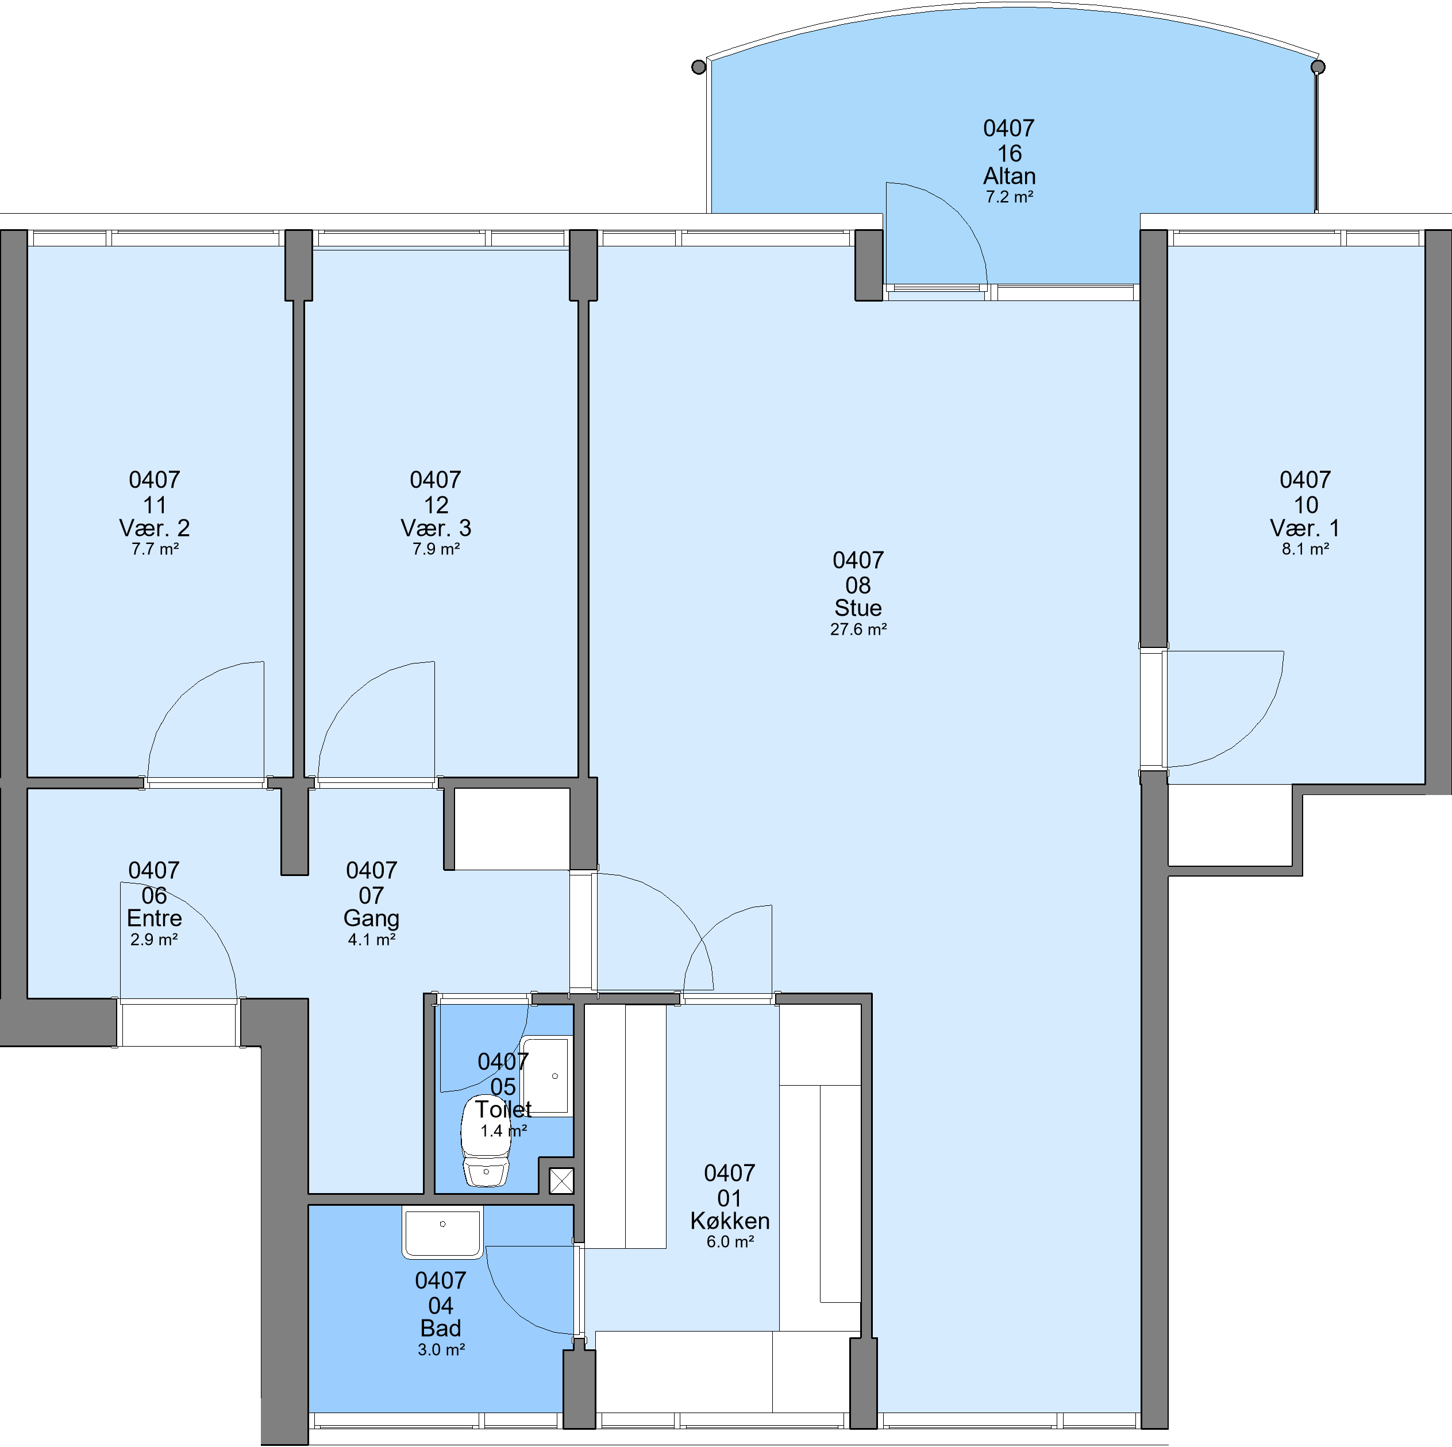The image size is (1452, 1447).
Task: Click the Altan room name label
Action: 1010,176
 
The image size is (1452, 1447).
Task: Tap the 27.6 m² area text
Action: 858,630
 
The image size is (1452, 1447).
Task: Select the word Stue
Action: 858,608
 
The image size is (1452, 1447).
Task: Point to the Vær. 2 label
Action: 155,527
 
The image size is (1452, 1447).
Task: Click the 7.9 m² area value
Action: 436,549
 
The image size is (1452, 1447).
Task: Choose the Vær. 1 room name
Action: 1305,527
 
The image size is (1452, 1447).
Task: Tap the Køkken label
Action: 730,1220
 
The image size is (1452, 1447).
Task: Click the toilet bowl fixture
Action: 486,1142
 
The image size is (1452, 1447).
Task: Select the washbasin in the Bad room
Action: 442,1234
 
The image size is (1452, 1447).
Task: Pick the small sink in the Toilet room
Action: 547,1076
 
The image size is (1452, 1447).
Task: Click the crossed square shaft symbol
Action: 562,1181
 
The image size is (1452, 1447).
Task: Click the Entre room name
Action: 154,918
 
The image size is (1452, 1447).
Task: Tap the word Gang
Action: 371,918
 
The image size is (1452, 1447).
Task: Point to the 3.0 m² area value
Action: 441,1349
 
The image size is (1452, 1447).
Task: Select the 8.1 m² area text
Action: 1305,549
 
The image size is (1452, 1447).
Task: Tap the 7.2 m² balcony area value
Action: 1010,197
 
